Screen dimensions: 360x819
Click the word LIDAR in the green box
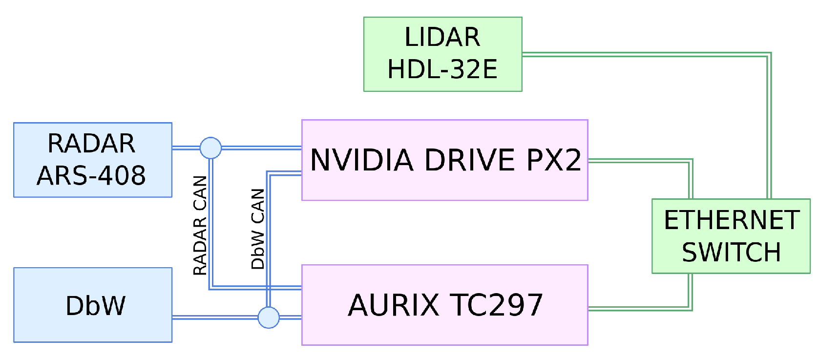tap(442, 38)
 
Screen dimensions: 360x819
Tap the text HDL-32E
tap(442, 69)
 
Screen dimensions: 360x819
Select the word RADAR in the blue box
tap(91, 144)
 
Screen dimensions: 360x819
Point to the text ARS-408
tap(91, 176)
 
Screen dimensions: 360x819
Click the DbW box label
tap(95, 306)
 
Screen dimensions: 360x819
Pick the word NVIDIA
tap(362, 160)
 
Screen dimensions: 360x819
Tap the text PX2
tap(553, 160)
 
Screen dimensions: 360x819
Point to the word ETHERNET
tap(731, 220)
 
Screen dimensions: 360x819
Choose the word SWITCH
tap(731, 253)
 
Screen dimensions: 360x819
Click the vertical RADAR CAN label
tap(200, 225)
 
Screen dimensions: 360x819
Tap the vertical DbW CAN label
tap(258, 229)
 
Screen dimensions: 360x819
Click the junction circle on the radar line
tap(210, 148)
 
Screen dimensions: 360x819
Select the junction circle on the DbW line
tap(269, 318)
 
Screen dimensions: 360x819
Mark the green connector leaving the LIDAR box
tap(645, 55)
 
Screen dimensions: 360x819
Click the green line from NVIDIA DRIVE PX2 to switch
tap(640, 161)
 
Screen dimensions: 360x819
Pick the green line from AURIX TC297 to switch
tap(640, 309)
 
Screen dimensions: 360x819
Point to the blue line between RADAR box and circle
tap(186, 147)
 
